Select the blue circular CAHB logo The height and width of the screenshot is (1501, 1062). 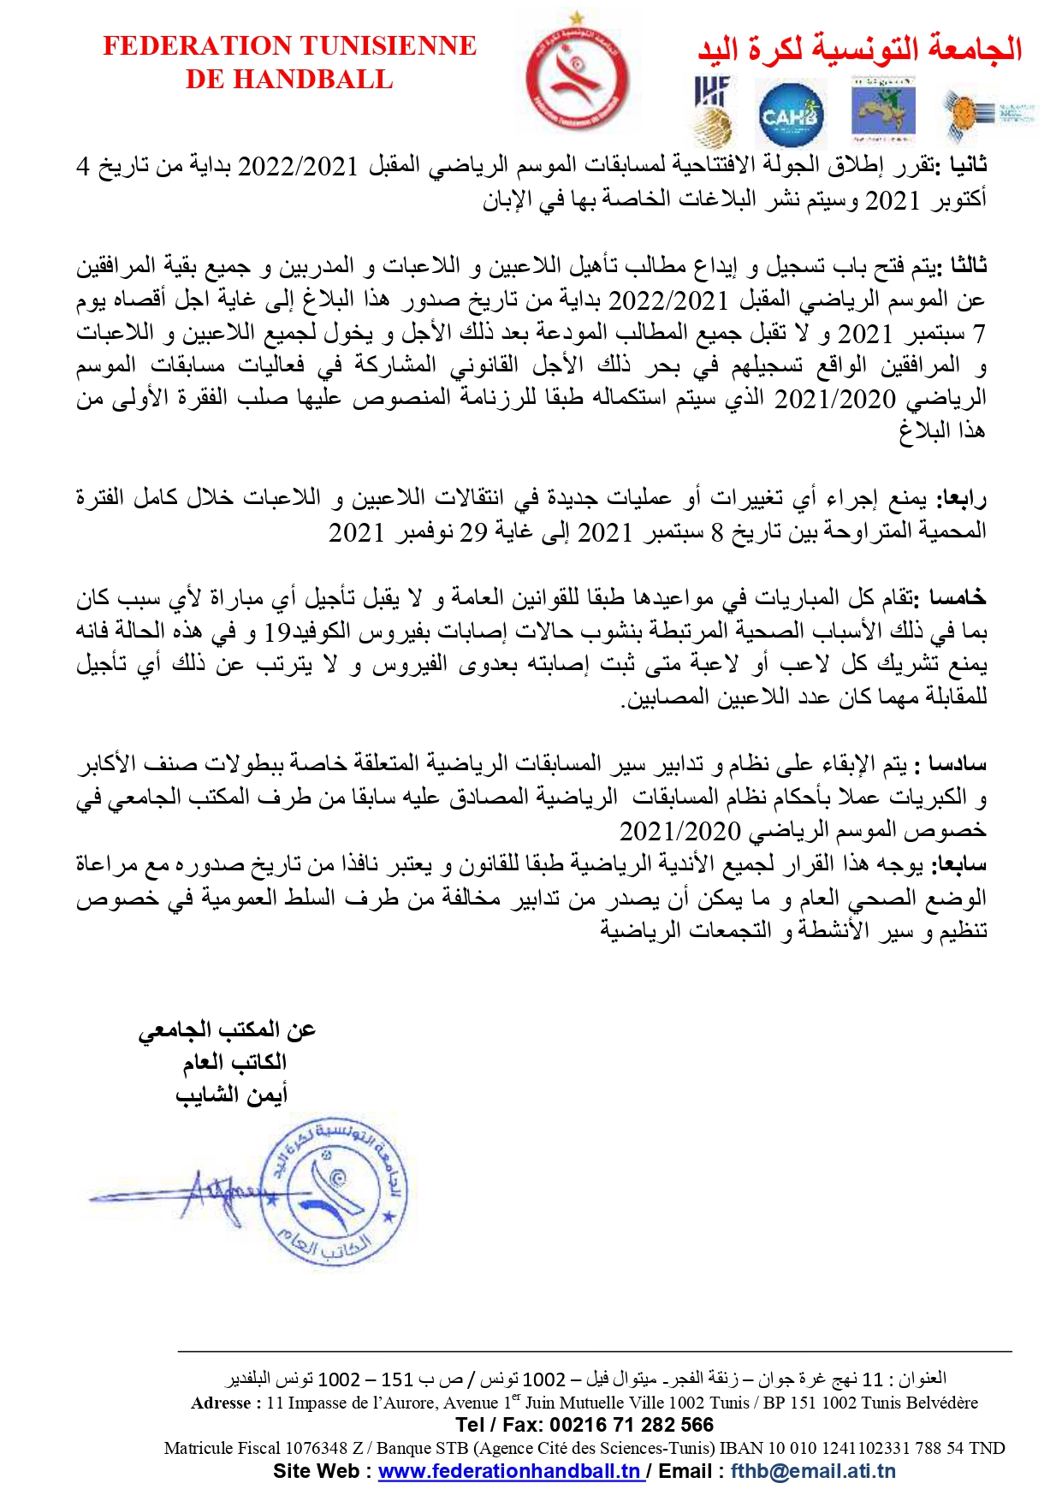[x=791, y=114]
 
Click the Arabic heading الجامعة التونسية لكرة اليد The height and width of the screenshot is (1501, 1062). [x=859, y=49]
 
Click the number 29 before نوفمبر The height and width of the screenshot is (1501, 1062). [x=473, y=532]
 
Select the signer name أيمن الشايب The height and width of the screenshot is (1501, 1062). [x=231, y=1095]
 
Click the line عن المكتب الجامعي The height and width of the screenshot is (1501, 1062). [x=228, y=1029]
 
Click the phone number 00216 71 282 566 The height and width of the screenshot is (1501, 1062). [x=631, y=1425]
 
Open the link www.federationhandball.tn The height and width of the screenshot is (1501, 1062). [x=510, y=1471]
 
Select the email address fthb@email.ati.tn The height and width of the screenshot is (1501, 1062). [x=813, y=1471]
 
